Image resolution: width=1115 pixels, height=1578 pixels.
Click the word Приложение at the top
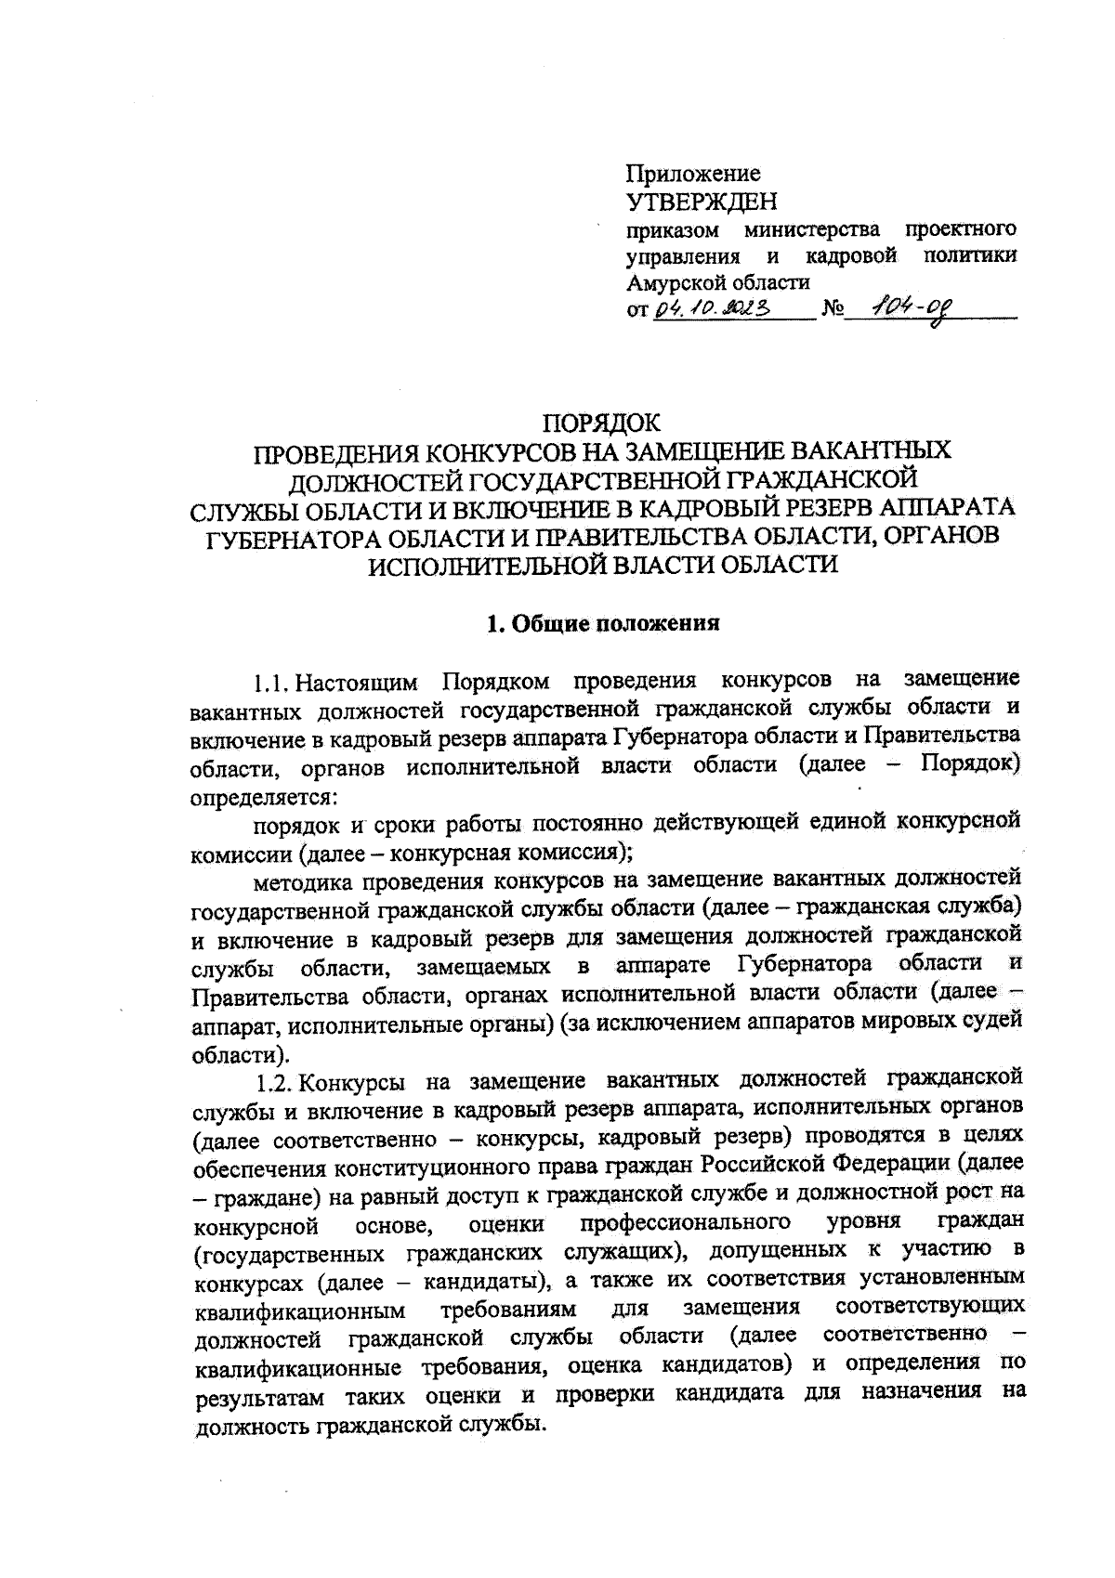point(693,174)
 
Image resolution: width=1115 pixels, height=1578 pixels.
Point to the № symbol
point(831,310)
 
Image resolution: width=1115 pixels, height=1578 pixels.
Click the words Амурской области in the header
point(718,282)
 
